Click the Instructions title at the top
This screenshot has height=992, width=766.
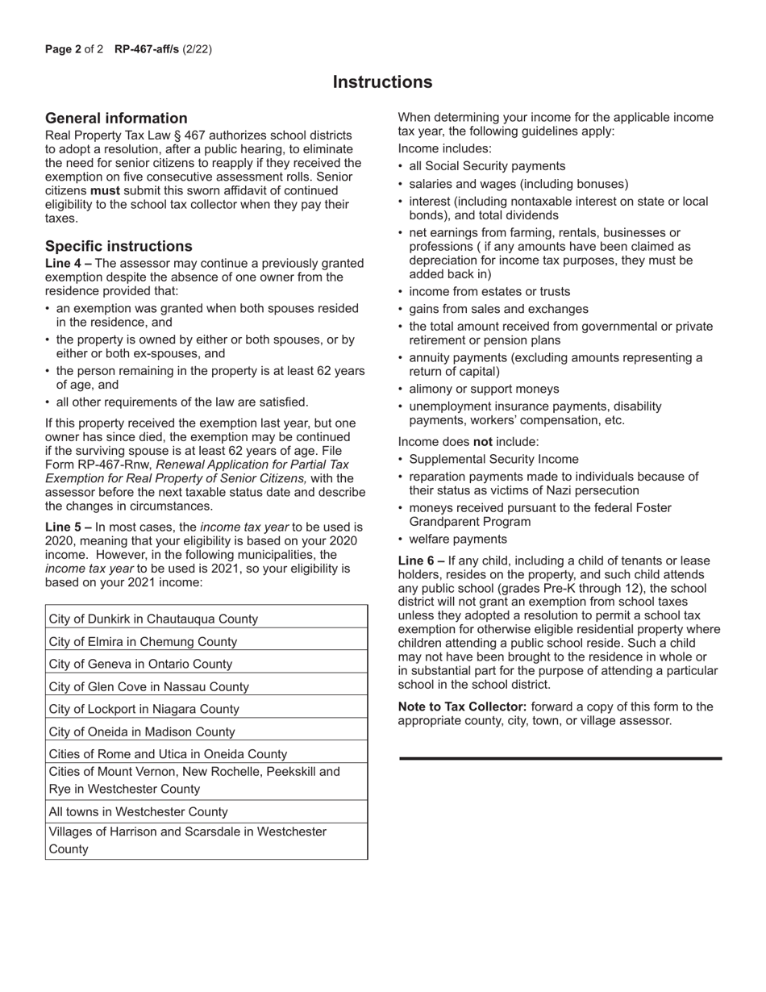(382, 82)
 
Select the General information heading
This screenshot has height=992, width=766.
(116, 118)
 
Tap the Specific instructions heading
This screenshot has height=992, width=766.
(119, 246)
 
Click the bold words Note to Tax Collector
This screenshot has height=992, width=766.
(463, 706)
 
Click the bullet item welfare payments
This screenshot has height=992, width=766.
(458, 539)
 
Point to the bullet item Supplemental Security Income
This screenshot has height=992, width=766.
(493, 459)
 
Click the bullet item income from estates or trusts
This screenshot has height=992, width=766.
(489, 291)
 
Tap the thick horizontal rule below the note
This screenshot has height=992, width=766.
(560, 758)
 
